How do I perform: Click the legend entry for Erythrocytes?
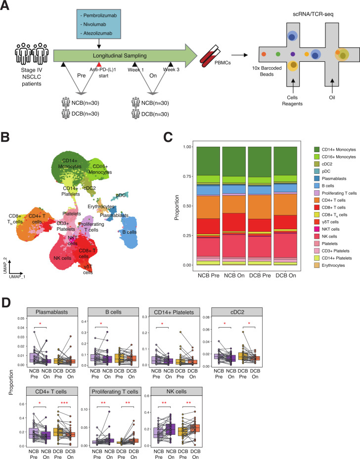point(335,266)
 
